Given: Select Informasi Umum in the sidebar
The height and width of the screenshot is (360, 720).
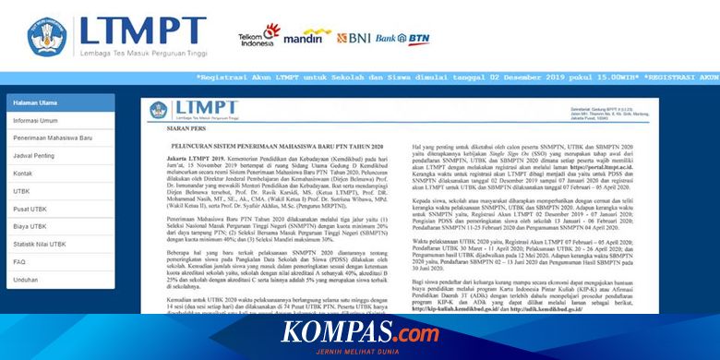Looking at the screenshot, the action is [36, 120].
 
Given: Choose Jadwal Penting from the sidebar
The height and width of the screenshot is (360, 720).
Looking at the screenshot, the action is [34, 155].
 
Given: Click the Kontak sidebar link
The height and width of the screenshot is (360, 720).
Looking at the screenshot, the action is [23, 173].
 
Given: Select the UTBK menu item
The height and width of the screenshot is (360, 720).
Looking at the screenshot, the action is [22, 191].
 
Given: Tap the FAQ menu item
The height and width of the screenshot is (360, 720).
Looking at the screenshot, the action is [19, 261].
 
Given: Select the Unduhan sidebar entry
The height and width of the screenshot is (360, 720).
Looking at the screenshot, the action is [26, 279].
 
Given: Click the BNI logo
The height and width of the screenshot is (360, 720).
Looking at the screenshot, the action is [354, 39].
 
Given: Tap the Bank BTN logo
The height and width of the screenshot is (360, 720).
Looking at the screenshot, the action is [403, 39].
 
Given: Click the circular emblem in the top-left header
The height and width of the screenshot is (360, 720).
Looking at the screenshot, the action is [47, 33].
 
